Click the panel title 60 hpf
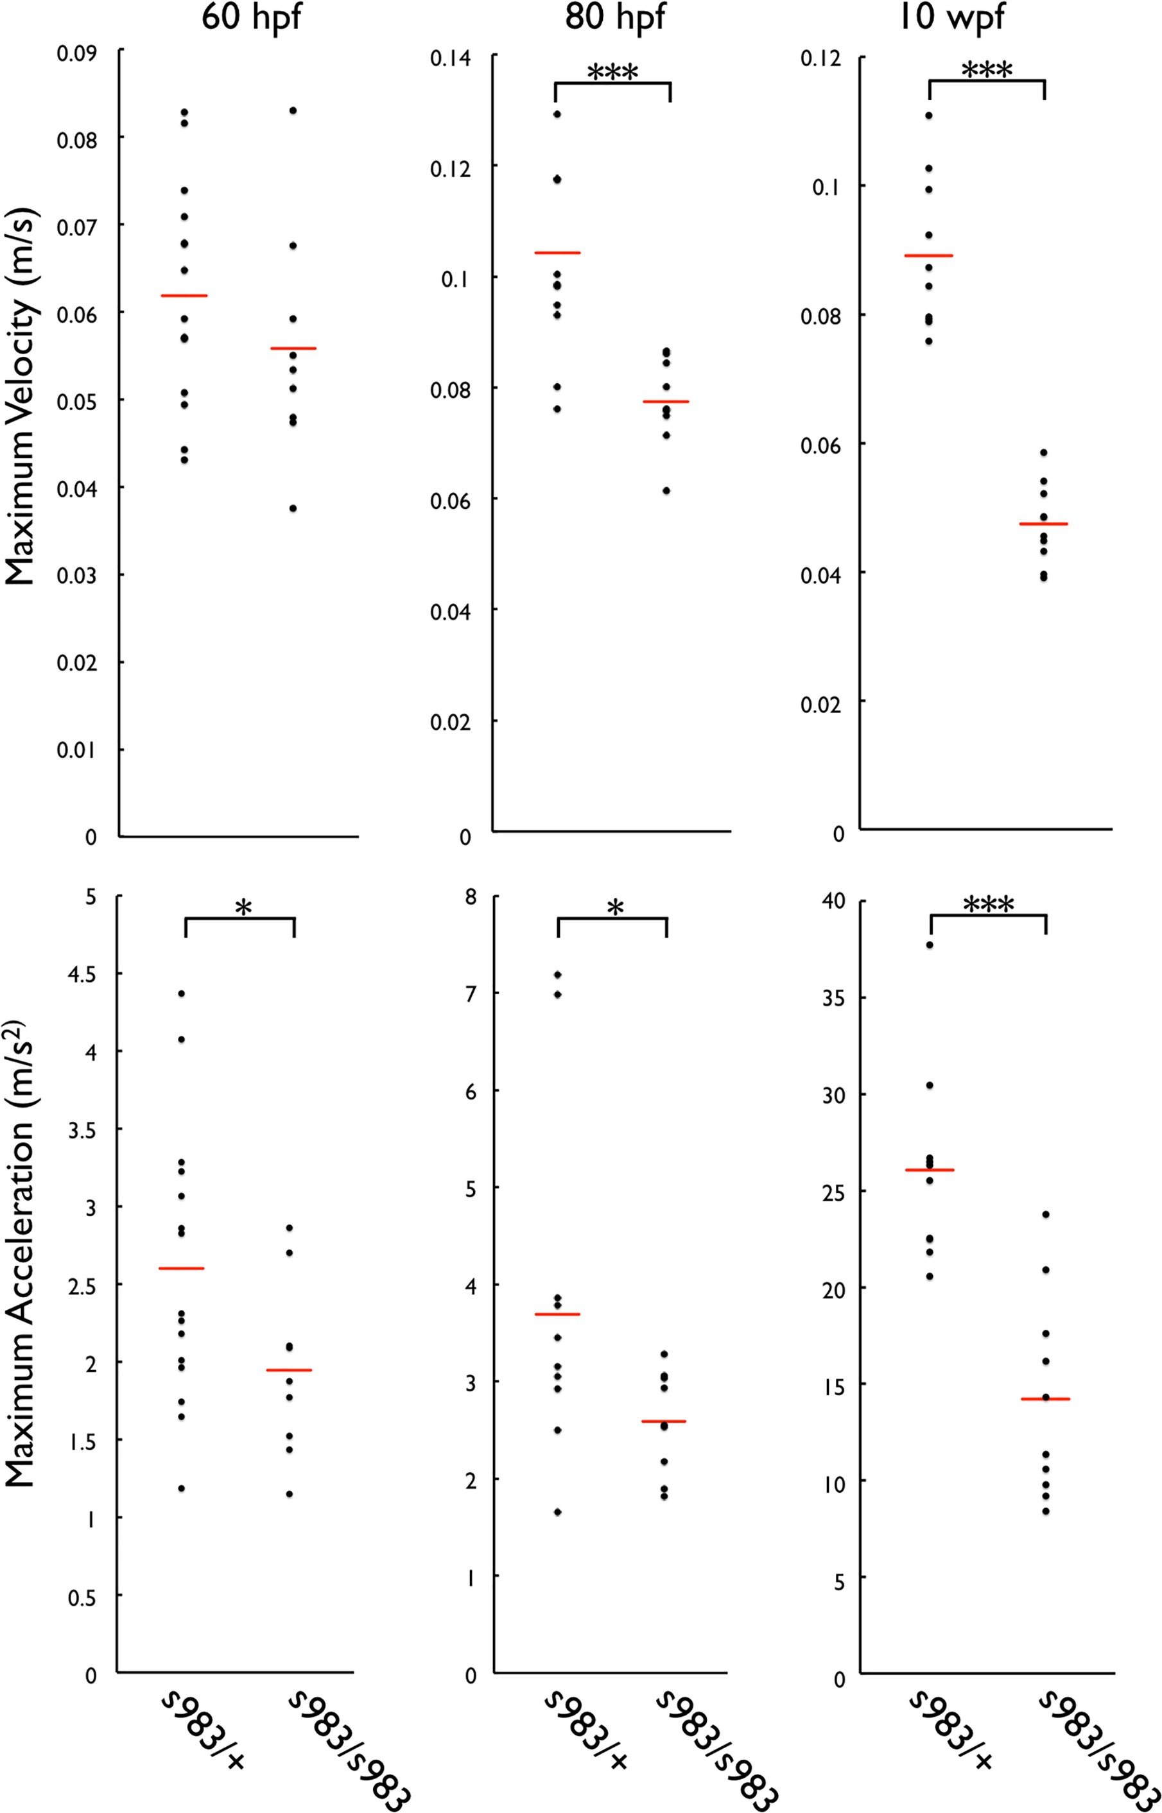[x=251, y=17]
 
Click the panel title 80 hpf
[x=615, y=17]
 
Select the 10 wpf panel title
[x=951, y=17]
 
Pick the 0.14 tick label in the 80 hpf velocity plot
[x=451, y=57]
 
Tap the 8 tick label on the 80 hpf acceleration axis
[x=472, y=897]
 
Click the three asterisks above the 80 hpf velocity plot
[x=612, y=73]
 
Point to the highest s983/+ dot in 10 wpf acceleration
[x=930, y=944]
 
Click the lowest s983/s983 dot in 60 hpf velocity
[x=293, y=508]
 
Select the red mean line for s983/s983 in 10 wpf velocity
[x=1043, y=524]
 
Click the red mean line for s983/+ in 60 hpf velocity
[x=184, y=296]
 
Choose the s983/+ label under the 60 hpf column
[x=204, y=1731]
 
